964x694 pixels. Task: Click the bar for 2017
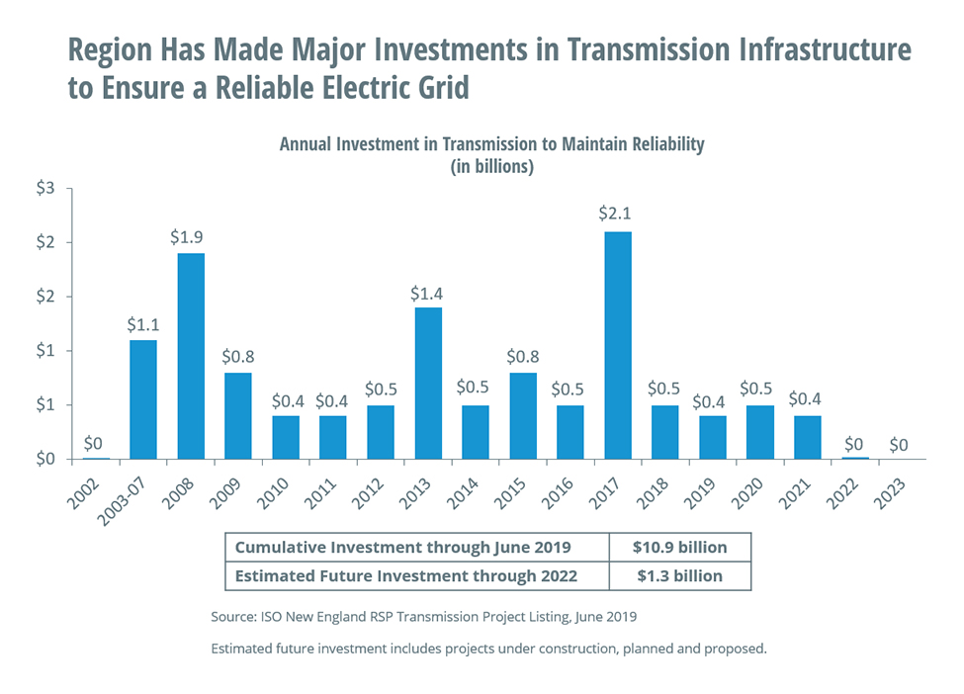(x=617, y=345)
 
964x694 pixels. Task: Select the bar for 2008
(x=191, y=356)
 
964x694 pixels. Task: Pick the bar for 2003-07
(x=142, y=399)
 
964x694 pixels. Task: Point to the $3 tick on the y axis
(x=46, y=188)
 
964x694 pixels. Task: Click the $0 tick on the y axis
(x=46, y=460)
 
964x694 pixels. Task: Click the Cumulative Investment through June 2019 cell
(x=402, y=548)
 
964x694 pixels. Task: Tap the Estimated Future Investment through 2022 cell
(x=402, y=575)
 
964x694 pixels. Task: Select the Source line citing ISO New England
(x=423, y=617)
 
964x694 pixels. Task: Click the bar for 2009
(x=238, y=415)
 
